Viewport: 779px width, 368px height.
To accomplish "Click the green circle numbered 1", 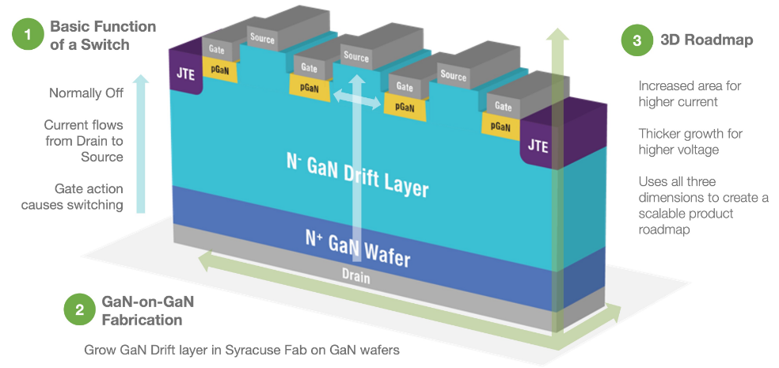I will pyautogui.click(x=28, y=35).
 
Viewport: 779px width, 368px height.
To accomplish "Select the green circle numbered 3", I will pyautogui.click(x=637, y=40).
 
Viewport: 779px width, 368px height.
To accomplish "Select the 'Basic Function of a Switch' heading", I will pyautogui.click(x=103, y=35).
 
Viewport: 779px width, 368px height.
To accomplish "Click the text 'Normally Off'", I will pyautogui.click(x=86, y=93).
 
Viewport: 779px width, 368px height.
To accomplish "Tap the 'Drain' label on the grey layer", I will pyautogui.click(x=355, y=278).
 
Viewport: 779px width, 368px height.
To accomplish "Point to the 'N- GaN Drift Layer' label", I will pyautogui.click(x=356, y=175).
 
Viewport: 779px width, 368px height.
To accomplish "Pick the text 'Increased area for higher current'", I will pyautogui.click(x=690, y=93).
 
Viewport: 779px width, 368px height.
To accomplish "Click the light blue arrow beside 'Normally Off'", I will pyautogui.click(x=141, y=142).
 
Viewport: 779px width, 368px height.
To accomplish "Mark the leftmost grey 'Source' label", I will pyautogui.click(x=263, y=37).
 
